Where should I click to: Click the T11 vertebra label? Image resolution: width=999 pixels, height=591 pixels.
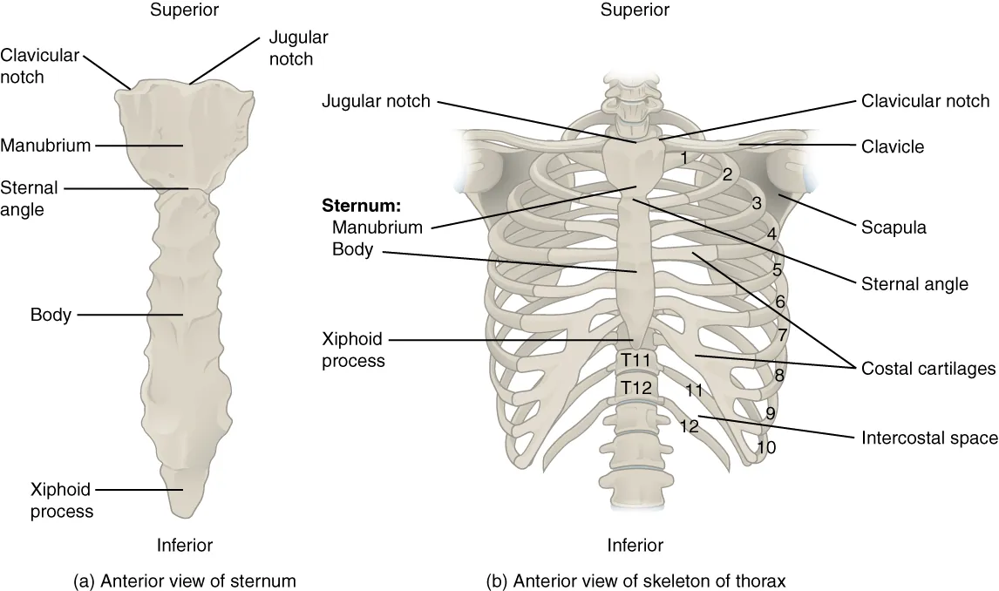coord(635,360)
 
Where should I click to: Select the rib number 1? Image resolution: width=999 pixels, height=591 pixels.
coord(686,158)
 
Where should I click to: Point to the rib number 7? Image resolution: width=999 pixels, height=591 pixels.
coord(782,334)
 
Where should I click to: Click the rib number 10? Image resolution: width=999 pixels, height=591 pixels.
coord(766,447)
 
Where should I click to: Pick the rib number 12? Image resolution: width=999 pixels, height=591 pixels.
coord(690,427)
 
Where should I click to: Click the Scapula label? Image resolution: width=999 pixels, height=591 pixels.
coord(894,228)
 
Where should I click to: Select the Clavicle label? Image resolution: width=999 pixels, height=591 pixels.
coord(893,146)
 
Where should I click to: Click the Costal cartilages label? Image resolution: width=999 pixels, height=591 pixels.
coord(928,369)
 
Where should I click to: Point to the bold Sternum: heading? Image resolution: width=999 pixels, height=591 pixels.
coord(361,207)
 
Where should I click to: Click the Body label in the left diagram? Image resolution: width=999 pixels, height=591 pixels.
coord(51,315)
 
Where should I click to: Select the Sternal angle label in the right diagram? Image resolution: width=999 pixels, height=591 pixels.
coord(914,283)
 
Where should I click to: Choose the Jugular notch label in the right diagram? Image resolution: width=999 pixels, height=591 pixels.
coord(376,101)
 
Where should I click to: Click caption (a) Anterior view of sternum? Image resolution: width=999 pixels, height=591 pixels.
coord(184,580)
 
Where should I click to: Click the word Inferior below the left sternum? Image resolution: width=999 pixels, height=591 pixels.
coord(184,546)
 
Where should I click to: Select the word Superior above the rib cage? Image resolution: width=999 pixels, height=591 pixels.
coord(635,10)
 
